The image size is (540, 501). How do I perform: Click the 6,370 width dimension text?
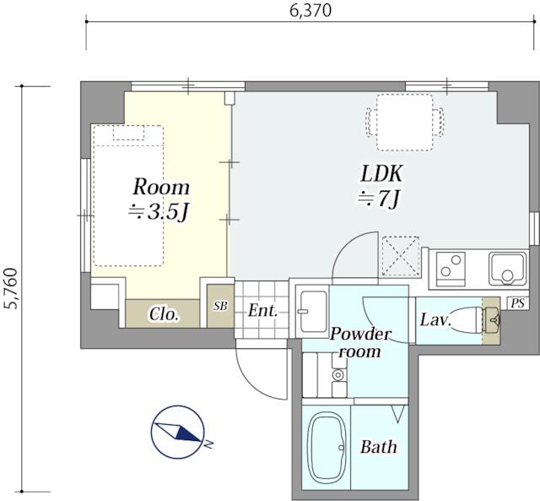(310, 11)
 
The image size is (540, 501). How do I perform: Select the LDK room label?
(381, 174)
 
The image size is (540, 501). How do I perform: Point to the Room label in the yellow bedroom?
(161, 188)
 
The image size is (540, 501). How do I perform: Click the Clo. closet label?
(164, 314)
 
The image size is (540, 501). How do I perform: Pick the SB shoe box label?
(220, 306)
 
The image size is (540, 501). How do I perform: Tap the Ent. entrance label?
(262, 311)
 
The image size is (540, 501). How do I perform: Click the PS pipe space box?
(517, 303)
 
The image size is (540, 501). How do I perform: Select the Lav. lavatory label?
(435, 320)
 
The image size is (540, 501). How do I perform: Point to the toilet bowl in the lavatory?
(467, 320)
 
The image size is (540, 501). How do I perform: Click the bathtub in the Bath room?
(327, 449)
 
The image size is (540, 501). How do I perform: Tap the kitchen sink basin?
(507, 270)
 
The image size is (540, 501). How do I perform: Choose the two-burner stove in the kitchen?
(451, 270)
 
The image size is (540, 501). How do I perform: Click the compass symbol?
(178, 433)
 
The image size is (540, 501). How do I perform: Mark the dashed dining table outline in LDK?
(405, 123)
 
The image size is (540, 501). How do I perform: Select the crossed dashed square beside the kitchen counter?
(401, 256)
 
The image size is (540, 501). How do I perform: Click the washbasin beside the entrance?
(313, 312)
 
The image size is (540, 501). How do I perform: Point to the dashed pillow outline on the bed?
(128, 133)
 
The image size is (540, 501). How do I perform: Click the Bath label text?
(379, 447)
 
